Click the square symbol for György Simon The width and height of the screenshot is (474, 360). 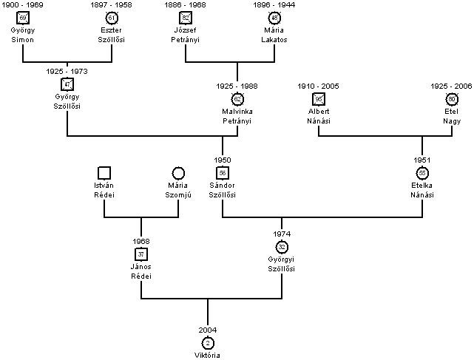pyautogui.click(x=23, y=17)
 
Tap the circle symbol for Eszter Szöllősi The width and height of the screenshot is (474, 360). pyautogui.click(x=112, y=17)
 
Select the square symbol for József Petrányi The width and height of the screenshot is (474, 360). pyautogui.click(x=186, y=17)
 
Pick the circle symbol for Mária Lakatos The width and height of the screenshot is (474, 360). pyautogui.click(x=274, y=17)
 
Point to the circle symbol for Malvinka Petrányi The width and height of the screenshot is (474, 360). pyautogui.click(x=237, y=99)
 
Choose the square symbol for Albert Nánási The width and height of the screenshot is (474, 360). pyautogui.click(x=319, y=99)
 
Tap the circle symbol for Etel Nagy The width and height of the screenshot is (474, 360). pyautogui.click(x=452, y=99)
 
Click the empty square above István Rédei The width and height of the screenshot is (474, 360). pyautogui.click(x=104, y=172)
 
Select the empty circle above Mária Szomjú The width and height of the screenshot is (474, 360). pyautogui.click(x=178, y=172)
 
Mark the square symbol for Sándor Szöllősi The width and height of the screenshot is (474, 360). pyautogui.click(x=223, y=172)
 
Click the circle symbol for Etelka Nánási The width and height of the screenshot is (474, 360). pyautogui.click(x=422, y=172)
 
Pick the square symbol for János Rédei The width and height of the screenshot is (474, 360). pyautogui.click(x=141, y=254)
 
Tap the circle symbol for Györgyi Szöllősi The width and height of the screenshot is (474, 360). pyautogui.click(x=282, y=246)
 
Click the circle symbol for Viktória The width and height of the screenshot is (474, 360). pyautogui.click(x=208, y=342)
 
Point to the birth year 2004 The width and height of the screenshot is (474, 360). pyautogui.click(x=208, y=330)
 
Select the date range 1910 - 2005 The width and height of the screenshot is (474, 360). pyautogui.click(x=319, y=86)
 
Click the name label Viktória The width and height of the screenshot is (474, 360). pyautogui.click(x=208, y=355)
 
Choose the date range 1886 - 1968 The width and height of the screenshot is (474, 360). pyautogui.click(x=186, y=5)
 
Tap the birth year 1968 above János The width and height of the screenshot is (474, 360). pyautogui.click(x=141, y=241)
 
